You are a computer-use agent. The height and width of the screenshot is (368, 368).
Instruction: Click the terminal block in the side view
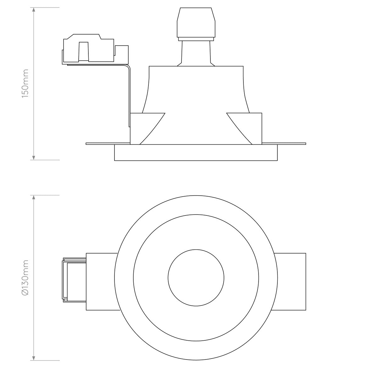coord(94,50)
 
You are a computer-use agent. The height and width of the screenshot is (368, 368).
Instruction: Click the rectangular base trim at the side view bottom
coord(196,153)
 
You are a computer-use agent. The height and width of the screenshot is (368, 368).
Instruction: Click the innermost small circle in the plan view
coord(196,278)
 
